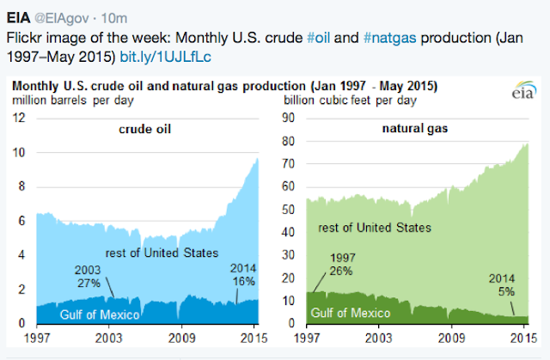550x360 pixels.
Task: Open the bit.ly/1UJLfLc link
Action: click(163, 55)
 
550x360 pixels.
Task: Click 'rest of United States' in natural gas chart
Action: click(376, 227)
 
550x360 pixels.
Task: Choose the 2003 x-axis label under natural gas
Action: click(372, 338)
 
